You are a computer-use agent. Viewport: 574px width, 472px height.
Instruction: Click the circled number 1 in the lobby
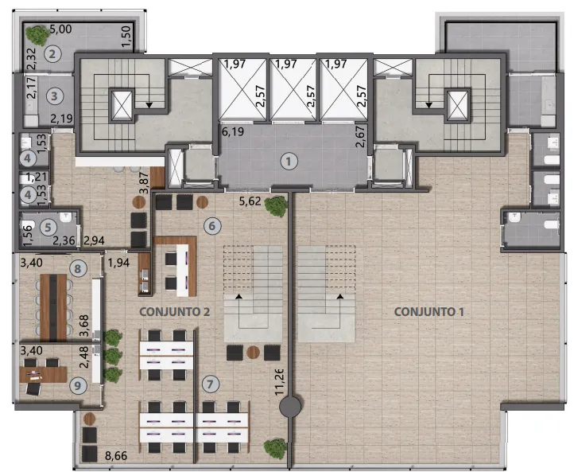pos(289,162)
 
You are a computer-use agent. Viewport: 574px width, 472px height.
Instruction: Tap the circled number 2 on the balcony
pos(52,54)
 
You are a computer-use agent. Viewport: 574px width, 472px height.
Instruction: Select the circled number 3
pos(55,96)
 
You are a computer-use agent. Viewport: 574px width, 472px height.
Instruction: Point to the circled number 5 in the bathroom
pos(48,228)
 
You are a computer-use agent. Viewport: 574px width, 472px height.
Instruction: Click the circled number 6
pos(212,226)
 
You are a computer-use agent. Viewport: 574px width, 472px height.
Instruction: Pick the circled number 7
pos(210,384)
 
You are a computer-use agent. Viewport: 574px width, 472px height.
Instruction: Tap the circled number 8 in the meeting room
pos(78,269)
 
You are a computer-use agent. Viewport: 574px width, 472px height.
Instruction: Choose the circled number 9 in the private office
pos(78,385)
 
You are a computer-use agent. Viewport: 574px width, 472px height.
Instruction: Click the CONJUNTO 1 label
pos(429,312)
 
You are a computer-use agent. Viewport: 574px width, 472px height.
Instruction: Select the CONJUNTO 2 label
pos(175,312)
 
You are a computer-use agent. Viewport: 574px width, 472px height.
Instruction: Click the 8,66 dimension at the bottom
pos(116,456)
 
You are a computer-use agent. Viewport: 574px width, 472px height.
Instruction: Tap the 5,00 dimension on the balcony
pos(60,29)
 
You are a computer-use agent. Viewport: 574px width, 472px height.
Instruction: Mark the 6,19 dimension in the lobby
pos(233,131)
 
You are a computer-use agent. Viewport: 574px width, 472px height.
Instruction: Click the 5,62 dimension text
pos(250,201)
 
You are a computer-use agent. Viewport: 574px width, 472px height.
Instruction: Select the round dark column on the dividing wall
pos(290,407)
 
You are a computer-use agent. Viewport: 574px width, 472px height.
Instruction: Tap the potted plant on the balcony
pos(37,34)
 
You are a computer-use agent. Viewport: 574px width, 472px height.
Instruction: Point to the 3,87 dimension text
pos(145,182)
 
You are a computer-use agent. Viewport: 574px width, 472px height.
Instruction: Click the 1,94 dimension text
pos(118,263)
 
